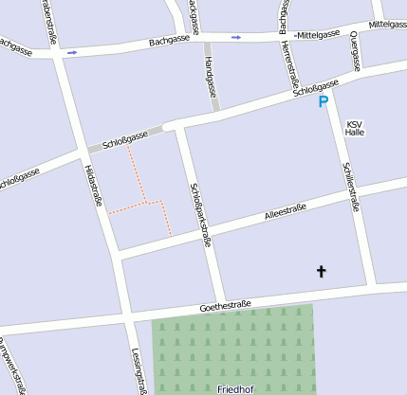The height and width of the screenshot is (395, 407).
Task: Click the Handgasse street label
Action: click(209, 77)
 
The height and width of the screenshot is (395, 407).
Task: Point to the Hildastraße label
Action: click(93, 183)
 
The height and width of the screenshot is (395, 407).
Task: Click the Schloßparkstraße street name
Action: click(198, 214)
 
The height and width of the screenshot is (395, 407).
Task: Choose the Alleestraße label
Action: click(288, 214)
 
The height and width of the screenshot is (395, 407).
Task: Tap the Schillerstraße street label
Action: click(349, 186)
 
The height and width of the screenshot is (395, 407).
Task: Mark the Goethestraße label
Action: click(225, 306)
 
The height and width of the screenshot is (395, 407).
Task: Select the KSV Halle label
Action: click(355, 129)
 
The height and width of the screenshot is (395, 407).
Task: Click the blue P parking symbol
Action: click(324, 101)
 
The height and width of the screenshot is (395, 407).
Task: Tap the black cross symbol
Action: click(321, 273)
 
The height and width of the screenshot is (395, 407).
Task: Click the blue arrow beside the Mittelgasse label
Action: click(236, 37)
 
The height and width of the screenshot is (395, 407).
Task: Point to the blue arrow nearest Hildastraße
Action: click(71, 53)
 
